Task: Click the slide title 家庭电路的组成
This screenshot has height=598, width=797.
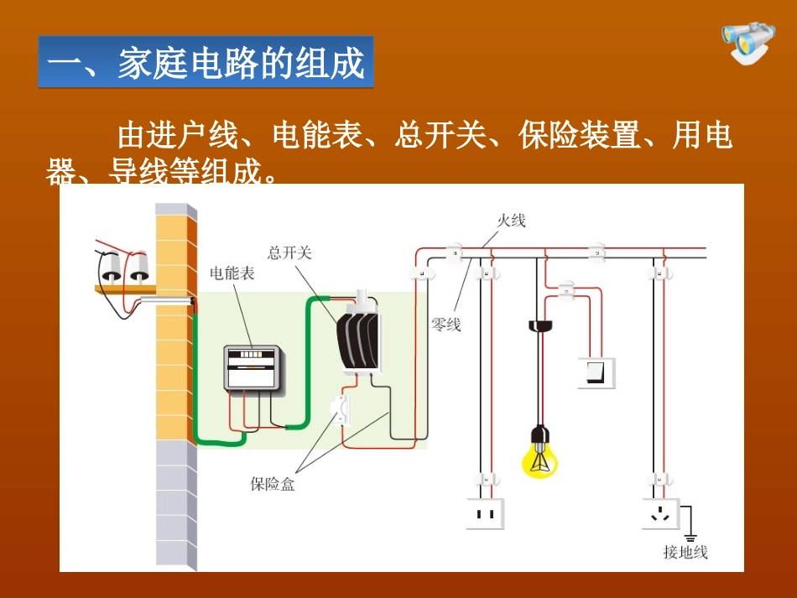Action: [206, 63]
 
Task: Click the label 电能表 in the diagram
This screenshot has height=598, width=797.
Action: [232, 273]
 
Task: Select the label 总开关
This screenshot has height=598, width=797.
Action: [289, 252]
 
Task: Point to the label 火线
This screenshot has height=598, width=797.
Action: [511, 221]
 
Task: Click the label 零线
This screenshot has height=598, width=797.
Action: [445, 324]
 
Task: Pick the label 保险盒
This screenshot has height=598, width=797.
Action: [273, 484]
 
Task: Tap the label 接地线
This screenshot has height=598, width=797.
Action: [685, 552]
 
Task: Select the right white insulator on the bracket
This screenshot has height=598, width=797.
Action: [138, 268]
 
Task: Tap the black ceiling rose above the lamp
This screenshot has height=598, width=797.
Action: [538, 325]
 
